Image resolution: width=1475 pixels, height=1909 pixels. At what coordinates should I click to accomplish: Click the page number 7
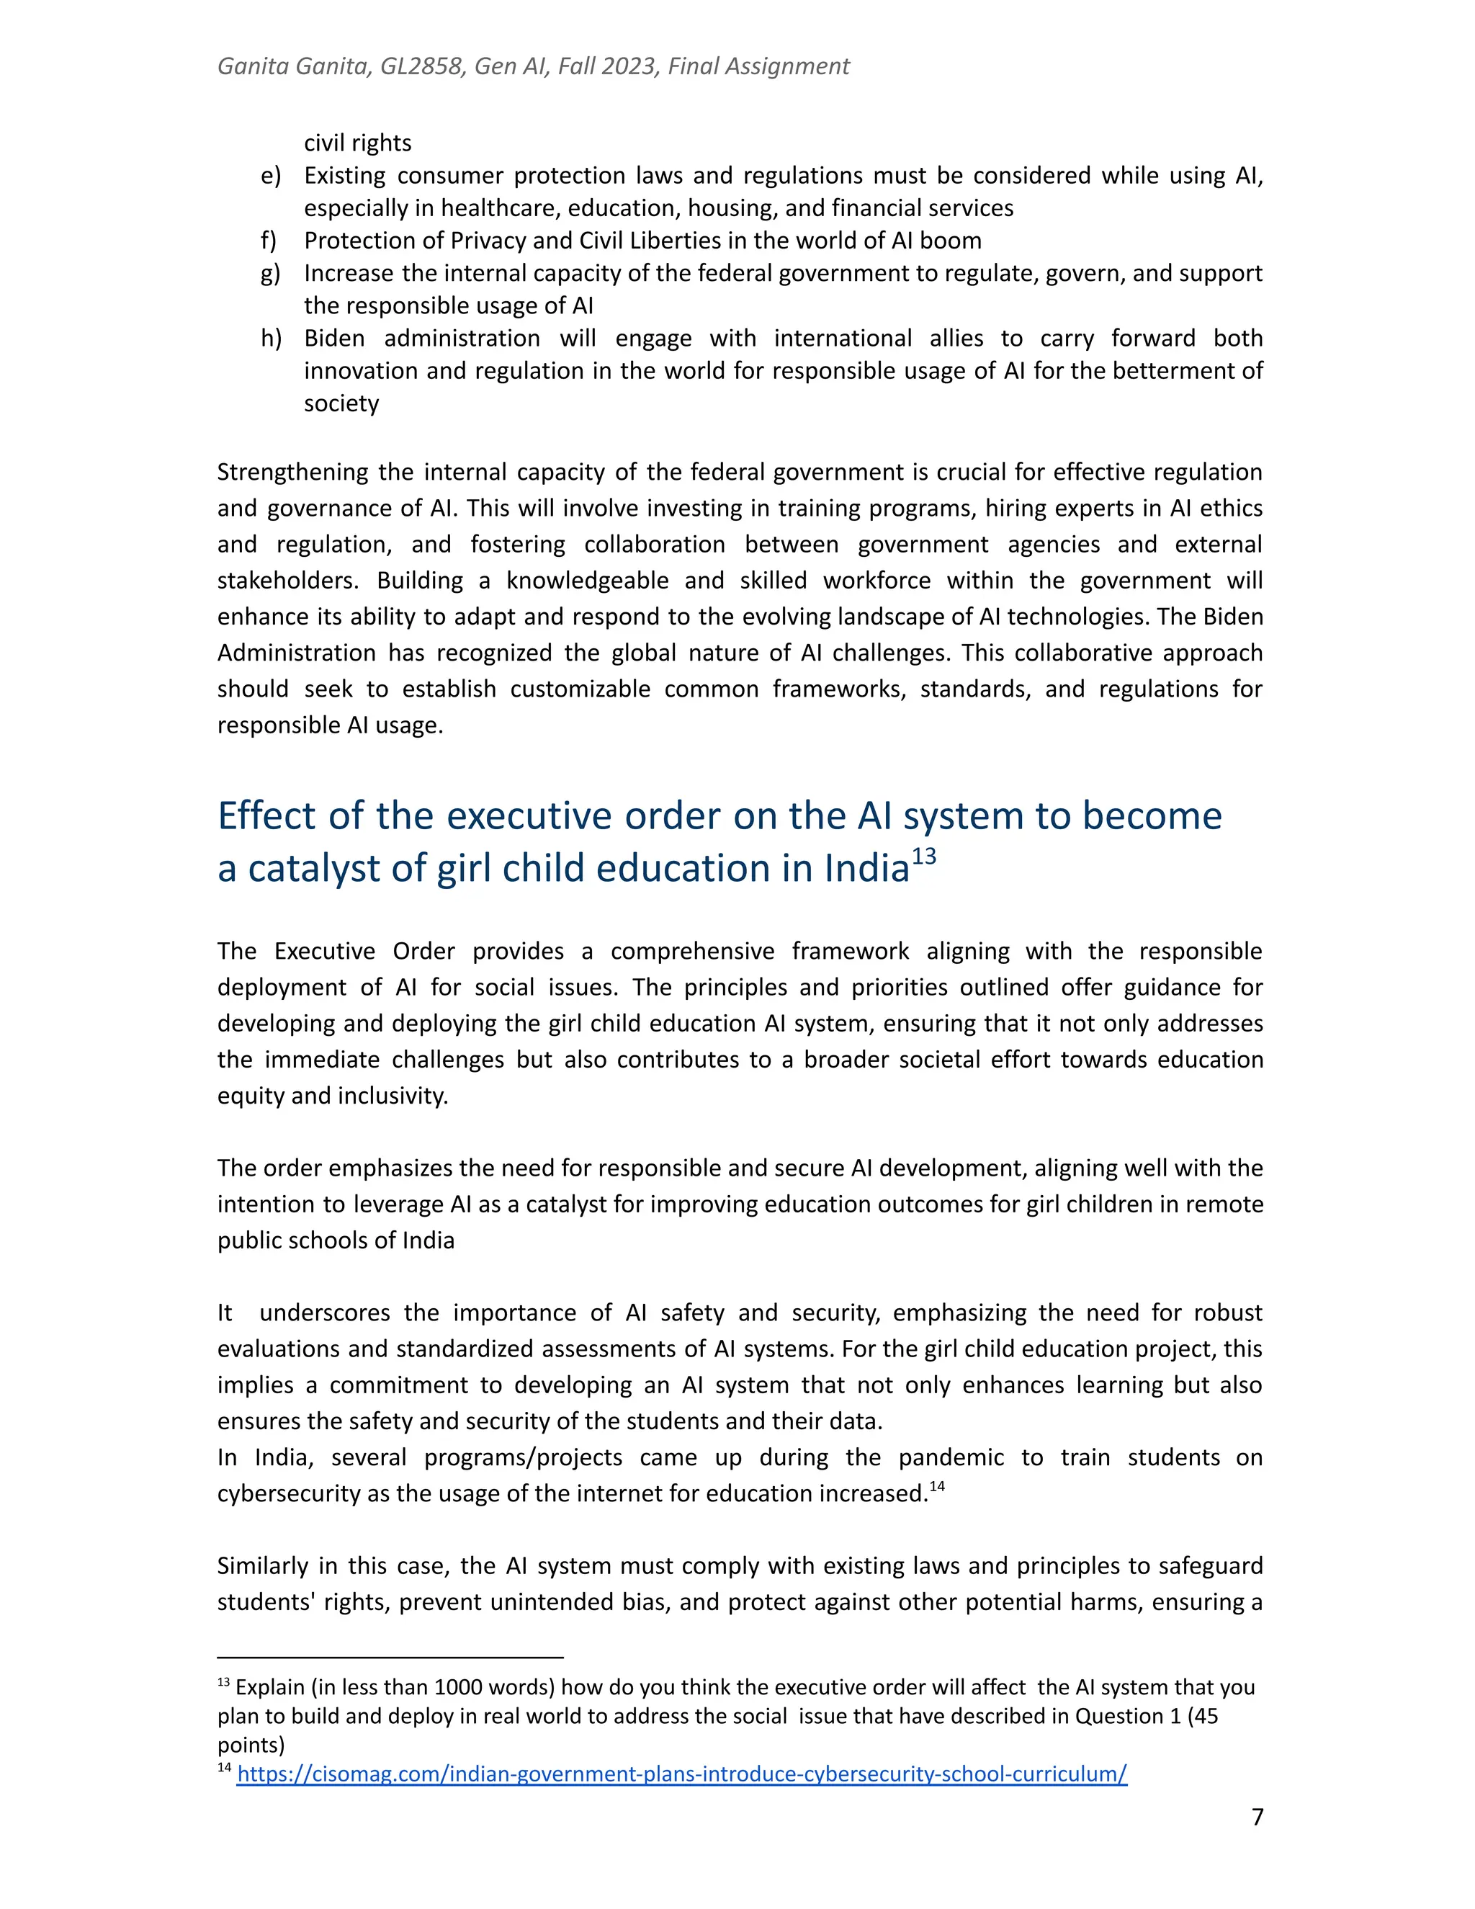(1257, 1818)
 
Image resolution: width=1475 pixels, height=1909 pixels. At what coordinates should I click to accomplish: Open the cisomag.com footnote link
(681, 1774)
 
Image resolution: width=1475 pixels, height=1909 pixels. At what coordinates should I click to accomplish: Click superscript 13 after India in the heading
(925, 856)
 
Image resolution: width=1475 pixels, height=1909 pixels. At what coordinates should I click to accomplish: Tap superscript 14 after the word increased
(937, 1487)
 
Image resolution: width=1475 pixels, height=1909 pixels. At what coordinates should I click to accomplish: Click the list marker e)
(271, 176)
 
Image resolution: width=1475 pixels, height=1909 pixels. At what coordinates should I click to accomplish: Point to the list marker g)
(271, 274)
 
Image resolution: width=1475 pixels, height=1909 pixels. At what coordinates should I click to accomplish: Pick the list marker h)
(271, 339)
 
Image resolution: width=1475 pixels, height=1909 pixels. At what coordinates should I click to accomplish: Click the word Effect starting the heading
(266, 815)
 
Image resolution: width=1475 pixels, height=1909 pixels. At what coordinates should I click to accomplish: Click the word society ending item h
(341, 404)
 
